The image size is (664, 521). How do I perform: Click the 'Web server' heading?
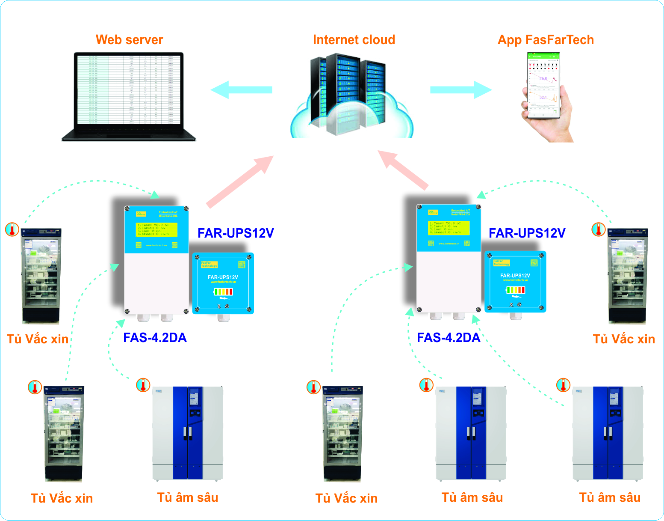pyautogui.click(x=129, y=40)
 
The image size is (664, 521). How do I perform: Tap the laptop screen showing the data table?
pyautogui.click(x=129, y=90)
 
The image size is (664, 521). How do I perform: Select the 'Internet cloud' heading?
pyautogui.click(x=354, y=40)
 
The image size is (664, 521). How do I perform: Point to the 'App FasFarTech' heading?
pyautogui.click(x=546, y=40)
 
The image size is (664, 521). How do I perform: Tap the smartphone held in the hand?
pyautogui.click(x=543, y=86)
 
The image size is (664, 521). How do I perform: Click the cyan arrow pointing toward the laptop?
pyautogui.click(x=242, y=90)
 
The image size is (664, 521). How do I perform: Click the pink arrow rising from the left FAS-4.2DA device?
pyautogui.click(x=240, y=182)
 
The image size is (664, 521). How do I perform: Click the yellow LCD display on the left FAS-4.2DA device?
pyautogui.click(x=156, y=229)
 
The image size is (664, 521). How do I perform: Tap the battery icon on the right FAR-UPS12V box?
pyautogui.click(x=515, y=290)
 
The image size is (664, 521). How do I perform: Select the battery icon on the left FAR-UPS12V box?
pyautogui.click(x=223, y=292)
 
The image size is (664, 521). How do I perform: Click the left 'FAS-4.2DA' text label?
pyautogui.click(x=155, y=338)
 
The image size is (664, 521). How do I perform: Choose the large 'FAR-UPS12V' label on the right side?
pyautogui.click(x=527, y=233)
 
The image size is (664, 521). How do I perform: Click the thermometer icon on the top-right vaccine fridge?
pyautogui.click(x=598, y=229)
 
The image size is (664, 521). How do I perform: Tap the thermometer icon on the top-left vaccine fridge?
pyautogui.click(x=12, y=229)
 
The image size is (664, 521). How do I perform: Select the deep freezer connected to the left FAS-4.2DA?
pyautogui.click(x=188, y=433)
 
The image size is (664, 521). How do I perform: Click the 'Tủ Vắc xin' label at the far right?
pyautogui.click(x=624, y=339)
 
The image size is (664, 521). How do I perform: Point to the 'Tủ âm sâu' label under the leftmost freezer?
pyautogui.click(x=188, y=497)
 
